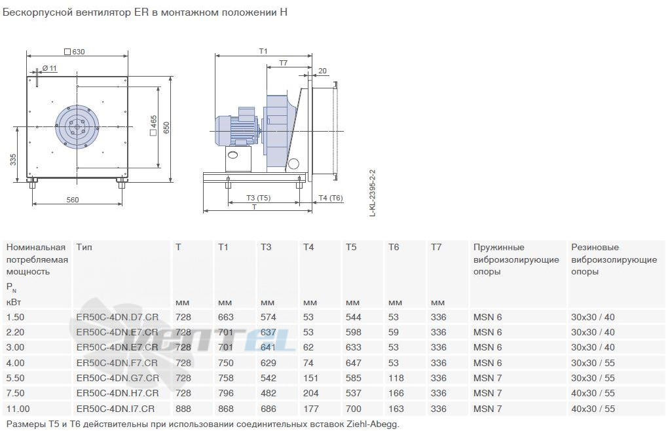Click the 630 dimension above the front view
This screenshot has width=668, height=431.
(75, 52)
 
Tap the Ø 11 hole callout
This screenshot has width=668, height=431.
(49, 68)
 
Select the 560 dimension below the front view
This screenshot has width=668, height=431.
(73, 199)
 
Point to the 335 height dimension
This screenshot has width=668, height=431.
(13, 160)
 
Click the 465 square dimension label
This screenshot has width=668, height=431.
(153, 125)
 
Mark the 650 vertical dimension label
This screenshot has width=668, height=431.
(166, 127)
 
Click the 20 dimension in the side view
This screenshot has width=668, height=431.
(322, 71)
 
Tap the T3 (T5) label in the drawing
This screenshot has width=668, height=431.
(258, 198)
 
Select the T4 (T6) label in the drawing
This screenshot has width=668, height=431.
(331, 198)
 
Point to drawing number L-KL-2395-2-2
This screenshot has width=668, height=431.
(373, 193)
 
